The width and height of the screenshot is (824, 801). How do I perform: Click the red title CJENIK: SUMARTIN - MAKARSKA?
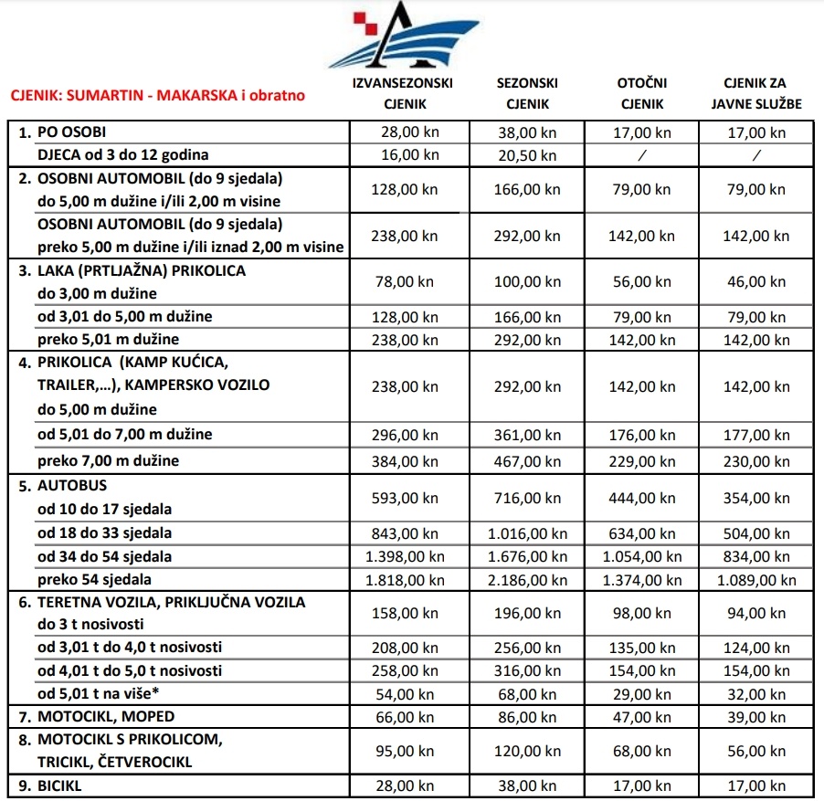coord(157,94)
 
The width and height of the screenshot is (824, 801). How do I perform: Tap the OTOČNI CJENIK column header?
coord(641,93)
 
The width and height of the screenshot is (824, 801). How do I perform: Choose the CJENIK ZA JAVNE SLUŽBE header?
coord(756,93)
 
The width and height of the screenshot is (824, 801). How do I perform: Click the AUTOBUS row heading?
coord(71,486)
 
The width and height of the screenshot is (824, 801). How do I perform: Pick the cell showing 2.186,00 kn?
coord(526,580)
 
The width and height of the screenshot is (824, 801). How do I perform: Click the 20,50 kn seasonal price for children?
coord(526,155)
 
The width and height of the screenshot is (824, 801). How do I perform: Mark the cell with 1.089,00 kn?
coord(756,580)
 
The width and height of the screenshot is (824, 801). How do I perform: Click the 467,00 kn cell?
coord(526,460)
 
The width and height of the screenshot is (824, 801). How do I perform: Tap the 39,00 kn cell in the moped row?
coord(756,716)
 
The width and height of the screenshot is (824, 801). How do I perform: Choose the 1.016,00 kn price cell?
coord(526,533)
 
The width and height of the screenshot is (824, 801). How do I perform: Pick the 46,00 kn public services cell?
coord(756,282)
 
